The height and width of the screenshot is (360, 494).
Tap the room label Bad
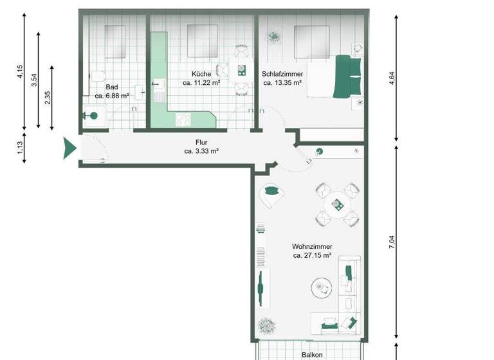point(111,86)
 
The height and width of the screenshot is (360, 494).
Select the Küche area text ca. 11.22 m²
point(202,83)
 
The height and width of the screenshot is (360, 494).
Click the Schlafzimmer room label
point(282,74)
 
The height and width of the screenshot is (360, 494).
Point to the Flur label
point(202,143)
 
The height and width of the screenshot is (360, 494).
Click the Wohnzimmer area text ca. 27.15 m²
point(311,255)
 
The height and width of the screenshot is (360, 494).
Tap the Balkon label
point(312,354)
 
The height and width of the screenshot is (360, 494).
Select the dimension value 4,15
point(20,71)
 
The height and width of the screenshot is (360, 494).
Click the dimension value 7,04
point(392,242)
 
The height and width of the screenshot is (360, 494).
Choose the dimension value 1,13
point(20,149)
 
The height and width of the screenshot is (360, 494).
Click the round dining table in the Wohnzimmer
point(335,206)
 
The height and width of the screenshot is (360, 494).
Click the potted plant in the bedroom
point(274,38)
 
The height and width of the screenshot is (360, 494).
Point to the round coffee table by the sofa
point(319,287)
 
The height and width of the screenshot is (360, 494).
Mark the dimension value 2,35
point(47,97)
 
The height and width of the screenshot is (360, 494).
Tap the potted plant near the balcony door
point(264,327)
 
